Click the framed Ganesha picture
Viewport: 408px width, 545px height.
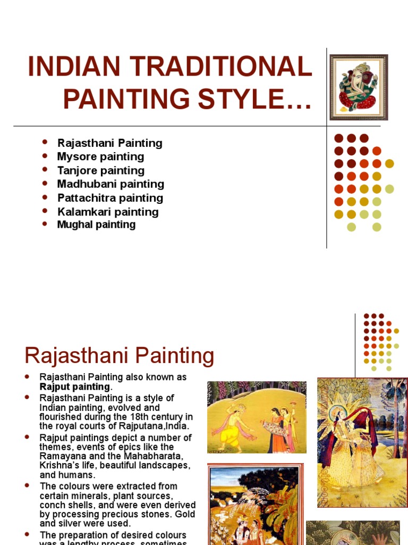(x=359, y=87)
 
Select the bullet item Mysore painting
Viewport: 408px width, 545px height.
(x=100, y=156)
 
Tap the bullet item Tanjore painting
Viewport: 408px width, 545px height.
(x=100, y=170)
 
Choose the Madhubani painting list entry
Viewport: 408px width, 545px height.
(x=110, y=184)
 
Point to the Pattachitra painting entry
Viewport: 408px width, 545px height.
(x=110, y=198)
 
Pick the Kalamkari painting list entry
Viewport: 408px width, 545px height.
(x=108, y=212)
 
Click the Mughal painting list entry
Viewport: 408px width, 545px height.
(x=96, y=225)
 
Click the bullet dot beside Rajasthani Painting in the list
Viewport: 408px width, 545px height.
(x=45, y=142)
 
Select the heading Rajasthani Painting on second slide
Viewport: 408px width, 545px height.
(x=120, y=356)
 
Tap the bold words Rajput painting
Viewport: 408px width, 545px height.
(x=74, y=386)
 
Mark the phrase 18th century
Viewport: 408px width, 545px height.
(x=155, y=417)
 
